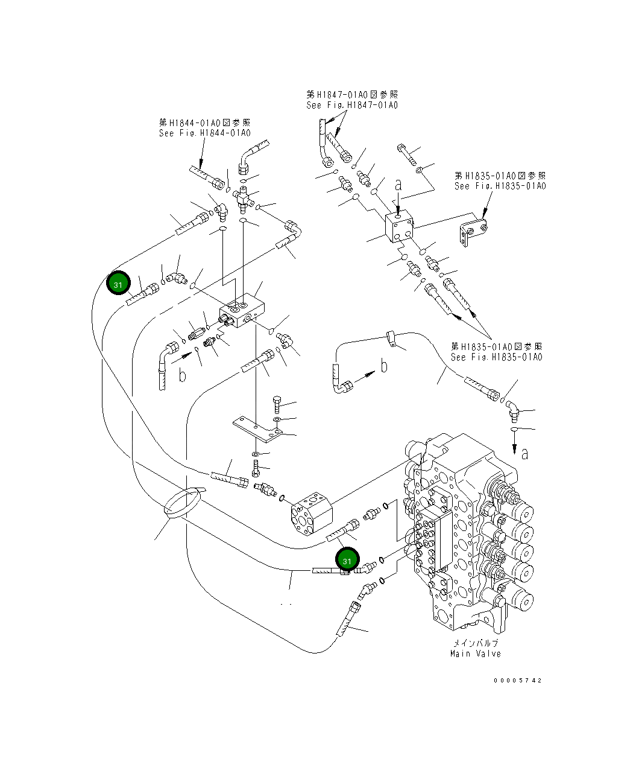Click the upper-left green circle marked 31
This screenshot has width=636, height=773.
tap(118, 284)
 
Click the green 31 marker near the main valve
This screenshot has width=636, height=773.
tap(347, 561)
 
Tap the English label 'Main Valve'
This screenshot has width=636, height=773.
tap(475, 654)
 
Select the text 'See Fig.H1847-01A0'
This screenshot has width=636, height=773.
tap(352, 106)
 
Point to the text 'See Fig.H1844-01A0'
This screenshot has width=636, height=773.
tap(205, 133)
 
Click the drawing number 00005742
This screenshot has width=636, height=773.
tap(517, 680)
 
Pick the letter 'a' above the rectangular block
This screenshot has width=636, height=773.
tap(398, 185)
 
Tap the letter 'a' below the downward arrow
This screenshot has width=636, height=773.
tap(524, 453)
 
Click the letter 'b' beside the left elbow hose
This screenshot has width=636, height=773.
tap(183, 375)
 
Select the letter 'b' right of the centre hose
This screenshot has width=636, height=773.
tap(383, 366)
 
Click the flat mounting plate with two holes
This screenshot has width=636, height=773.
tap(259, 427)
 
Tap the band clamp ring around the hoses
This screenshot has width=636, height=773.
tap(184, 502)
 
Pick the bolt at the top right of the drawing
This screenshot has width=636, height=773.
tap(405, 153)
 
